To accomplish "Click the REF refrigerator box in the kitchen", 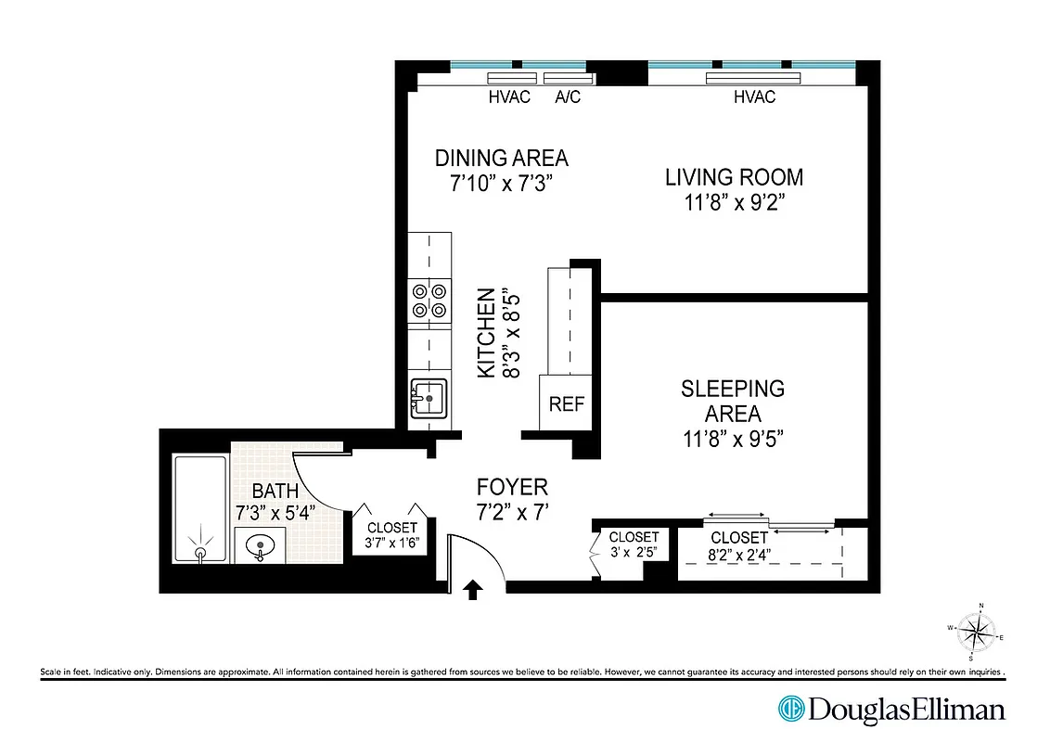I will click(x=566, y=404).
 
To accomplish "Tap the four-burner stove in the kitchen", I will click(x=429, y=301).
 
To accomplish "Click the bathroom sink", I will click(x=260, y=545).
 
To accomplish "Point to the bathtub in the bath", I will click(x=200, y=508).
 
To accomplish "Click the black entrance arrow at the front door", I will click(x=473, y=589).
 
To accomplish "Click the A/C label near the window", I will click(x=568, y=97).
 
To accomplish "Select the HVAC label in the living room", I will click(x=753, y=97).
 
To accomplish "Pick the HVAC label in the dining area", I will click(x=509, y=97).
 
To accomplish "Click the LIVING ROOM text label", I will click(x=734, y=177).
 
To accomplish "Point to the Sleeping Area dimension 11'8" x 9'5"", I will click(x=733, y=439).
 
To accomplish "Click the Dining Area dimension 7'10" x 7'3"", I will click(x=501, y=183).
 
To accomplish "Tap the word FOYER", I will click(x=512, y=487).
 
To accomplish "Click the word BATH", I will click(x=275, y=491).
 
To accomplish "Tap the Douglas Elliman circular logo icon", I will click(x=791, y=710).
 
